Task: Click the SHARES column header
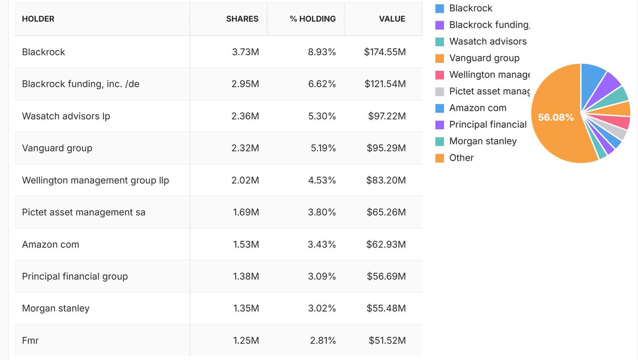(242, 19)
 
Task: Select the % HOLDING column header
(313, 19)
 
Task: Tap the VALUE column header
(392, 19)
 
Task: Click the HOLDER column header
(38, 19)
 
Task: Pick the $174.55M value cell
(385, 52)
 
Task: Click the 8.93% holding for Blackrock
(323, 52)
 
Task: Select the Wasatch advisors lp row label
(66, 116)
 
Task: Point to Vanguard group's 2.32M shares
(245, 148)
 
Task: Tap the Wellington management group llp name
(95, 180)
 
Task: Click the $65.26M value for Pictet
(386, 212)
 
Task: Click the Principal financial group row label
(75, 277)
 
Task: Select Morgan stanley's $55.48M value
(386, 308)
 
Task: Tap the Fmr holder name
(30, 340)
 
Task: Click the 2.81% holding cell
(323, 340)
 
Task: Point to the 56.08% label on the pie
(556, 118)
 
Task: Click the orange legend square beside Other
(440, 158)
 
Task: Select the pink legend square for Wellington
(440, 75)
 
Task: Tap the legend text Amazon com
(477, 108)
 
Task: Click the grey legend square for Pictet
(440, 91)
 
